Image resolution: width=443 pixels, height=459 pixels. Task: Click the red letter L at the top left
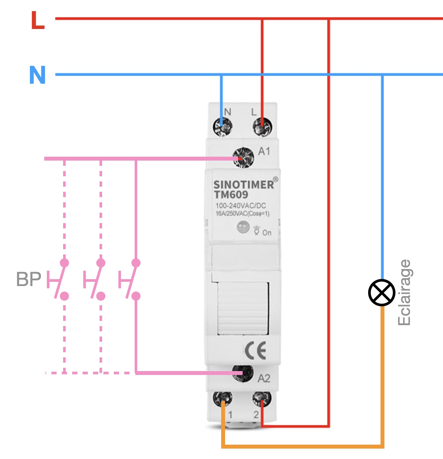(38, 21)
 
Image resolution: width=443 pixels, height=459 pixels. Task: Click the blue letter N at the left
(37, 75)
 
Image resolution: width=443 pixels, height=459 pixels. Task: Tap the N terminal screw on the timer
(222, 127)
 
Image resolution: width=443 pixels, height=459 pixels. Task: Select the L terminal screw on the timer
(262, 127)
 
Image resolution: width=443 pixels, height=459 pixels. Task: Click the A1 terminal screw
(243, 158)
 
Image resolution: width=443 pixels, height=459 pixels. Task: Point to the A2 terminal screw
(243, 373)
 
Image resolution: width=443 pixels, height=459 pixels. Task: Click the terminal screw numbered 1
(222, 399)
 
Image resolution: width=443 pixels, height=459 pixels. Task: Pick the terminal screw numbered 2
(262, 399)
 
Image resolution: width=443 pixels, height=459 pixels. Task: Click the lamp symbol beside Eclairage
(382, 293)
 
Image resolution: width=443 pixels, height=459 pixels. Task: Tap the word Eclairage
(404, 293)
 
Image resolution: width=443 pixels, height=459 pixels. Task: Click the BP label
(29, 280)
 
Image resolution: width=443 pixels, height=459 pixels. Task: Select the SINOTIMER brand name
(244, 185)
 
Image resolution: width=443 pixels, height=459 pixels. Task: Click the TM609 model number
(231, 195)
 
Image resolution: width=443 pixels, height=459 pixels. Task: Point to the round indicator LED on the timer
(243, 227)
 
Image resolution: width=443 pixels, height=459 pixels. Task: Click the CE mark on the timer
(256, 351)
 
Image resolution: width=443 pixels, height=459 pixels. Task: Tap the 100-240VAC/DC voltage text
(240, 206)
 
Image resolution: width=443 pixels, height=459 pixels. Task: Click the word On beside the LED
(267, 233)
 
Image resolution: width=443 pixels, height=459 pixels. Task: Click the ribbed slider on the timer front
(243, 308)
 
